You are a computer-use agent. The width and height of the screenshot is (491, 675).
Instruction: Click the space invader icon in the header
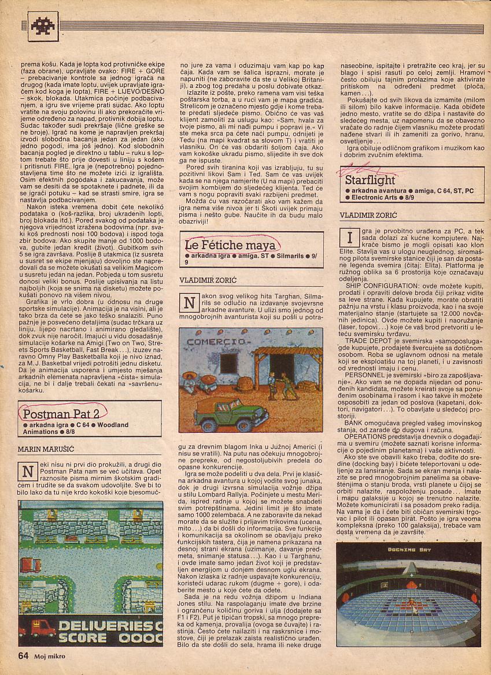coord(42,26)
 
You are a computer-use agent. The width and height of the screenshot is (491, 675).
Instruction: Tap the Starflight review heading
coord(370,180)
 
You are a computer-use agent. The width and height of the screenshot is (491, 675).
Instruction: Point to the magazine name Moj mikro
coord(49,655)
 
